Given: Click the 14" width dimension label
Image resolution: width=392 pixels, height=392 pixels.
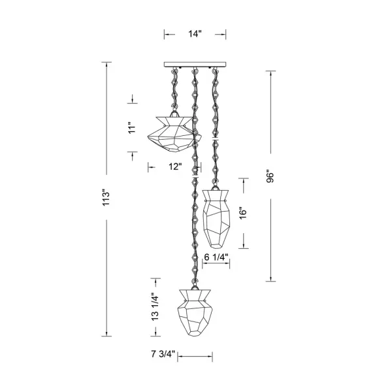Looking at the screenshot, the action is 195,34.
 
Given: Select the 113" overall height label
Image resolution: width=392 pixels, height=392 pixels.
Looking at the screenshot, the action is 106,198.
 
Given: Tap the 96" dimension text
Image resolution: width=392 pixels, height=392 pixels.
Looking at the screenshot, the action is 270,176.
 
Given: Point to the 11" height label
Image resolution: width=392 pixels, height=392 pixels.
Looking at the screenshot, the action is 132,127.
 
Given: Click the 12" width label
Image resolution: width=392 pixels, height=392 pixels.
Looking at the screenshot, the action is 174,167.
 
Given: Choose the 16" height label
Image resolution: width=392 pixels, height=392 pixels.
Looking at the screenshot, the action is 243,213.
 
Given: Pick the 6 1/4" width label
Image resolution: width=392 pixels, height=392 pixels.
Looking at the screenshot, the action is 216,257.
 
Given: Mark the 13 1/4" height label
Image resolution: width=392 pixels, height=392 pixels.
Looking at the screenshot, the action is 155,307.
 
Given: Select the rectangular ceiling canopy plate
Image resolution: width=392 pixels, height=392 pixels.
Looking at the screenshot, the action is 195,65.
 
